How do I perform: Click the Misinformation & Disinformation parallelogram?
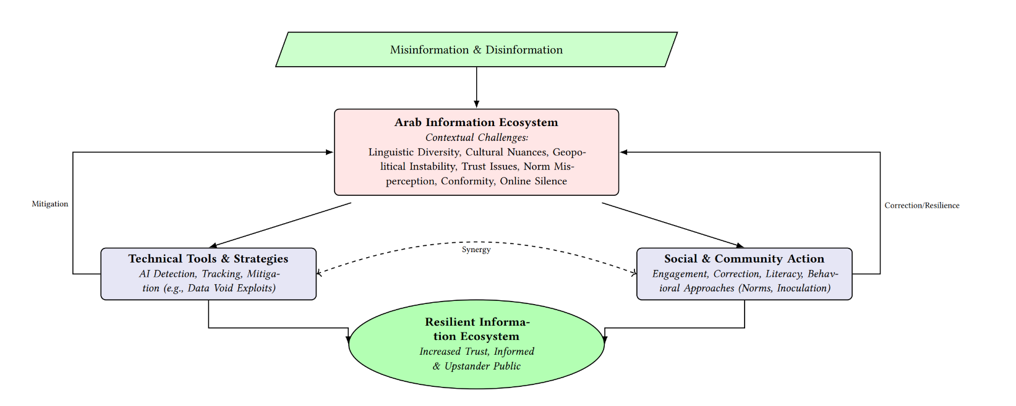[476, 49]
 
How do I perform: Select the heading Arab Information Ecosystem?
[476, 122]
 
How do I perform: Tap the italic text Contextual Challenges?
[476, 137]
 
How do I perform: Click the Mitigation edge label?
[50, 204]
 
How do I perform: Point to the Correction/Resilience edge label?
[921, 205]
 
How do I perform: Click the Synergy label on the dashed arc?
[476, 250]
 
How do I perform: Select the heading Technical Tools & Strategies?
[208, 259]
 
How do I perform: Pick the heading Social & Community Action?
[744, 259]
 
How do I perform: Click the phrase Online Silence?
[533, 181]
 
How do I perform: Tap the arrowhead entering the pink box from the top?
[476, 105]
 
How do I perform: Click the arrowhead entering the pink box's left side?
[330, 152]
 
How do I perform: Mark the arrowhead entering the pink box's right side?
[624, 152]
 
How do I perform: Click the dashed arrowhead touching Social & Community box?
[633, 273]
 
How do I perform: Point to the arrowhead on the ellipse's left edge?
[349, 339]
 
